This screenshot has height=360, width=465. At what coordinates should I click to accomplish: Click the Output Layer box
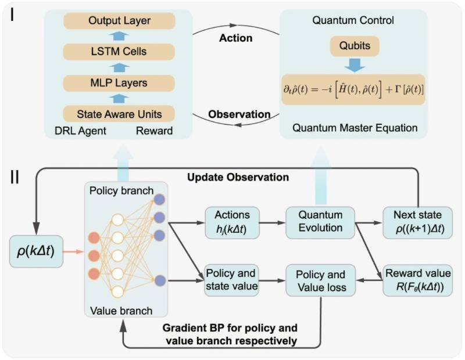[119, 21]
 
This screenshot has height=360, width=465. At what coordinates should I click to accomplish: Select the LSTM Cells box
[119, 52]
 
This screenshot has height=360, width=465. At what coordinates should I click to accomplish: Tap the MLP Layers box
[119, 83]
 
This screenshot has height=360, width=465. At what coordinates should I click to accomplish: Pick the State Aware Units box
[119, 114]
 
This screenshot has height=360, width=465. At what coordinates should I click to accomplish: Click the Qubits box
[355, 46]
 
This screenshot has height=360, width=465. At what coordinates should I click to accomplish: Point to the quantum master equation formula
[353, 89]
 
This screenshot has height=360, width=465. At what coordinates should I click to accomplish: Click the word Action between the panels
[236, 38]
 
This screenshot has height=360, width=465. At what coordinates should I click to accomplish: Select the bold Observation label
[239, 114]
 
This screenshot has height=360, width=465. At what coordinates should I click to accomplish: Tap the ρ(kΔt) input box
[36, 251]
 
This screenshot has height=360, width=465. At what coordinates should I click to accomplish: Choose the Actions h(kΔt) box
[232, 223]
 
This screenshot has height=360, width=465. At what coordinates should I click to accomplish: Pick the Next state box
[417, 223]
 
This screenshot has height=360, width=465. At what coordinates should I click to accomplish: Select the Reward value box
[417, 280]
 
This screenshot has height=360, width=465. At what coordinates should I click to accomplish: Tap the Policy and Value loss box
[321, 280]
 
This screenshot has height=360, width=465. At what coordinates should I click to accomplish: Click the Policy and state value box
[231, 280]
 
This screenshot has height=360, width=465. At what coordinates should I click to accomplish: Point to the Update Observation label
[238, 178]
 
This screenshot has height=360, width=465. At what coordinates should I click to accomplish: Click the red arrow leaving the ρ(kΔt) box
[74, 251]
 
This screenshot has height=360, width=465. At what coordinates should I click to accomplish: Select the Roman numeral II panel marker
[15, 177]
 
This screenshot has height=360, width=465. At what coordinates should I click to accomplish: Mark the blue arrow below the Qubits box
[355, 65]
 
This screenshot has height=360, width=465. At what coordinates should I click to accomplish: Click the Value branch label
[121, 311]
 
